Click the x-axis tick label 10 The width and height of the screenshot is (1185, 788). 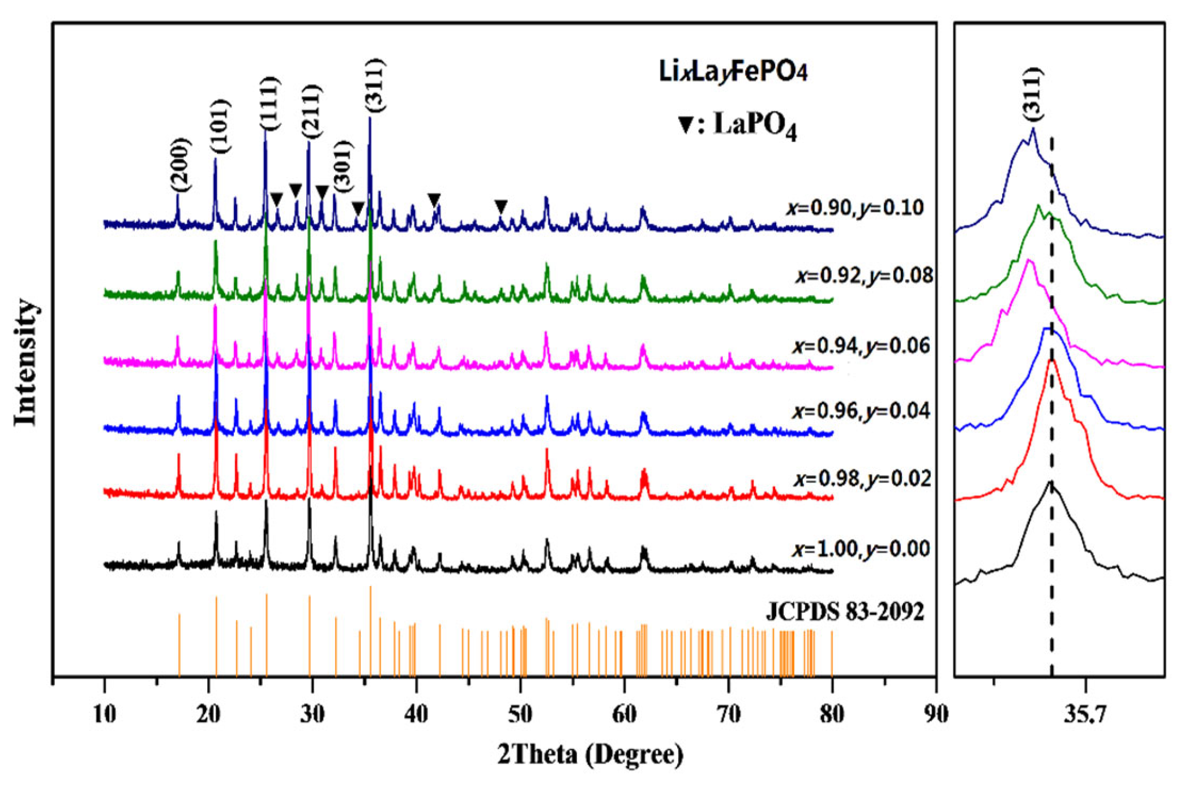104,714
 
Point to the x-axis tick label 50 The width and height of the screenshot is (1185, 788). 520,714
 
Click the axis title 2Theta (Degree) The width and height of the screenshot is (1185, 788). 591,755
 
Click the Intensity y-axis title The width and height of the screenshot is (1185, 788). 26,362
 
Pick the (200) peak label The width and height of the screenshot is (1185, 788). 181,165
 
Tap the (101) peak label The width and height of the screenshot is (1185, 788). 220,126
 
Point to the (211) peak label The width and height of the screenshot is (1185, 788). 311,111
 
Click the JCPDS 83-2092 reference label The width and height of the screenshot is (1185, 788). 845,612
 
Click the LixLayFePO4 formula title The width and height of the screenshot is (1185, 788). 733,72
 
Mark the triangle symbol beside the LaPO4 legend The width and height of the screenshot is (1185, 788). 686,125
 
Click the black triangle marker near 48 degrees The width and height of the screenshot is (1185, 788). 500,206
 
